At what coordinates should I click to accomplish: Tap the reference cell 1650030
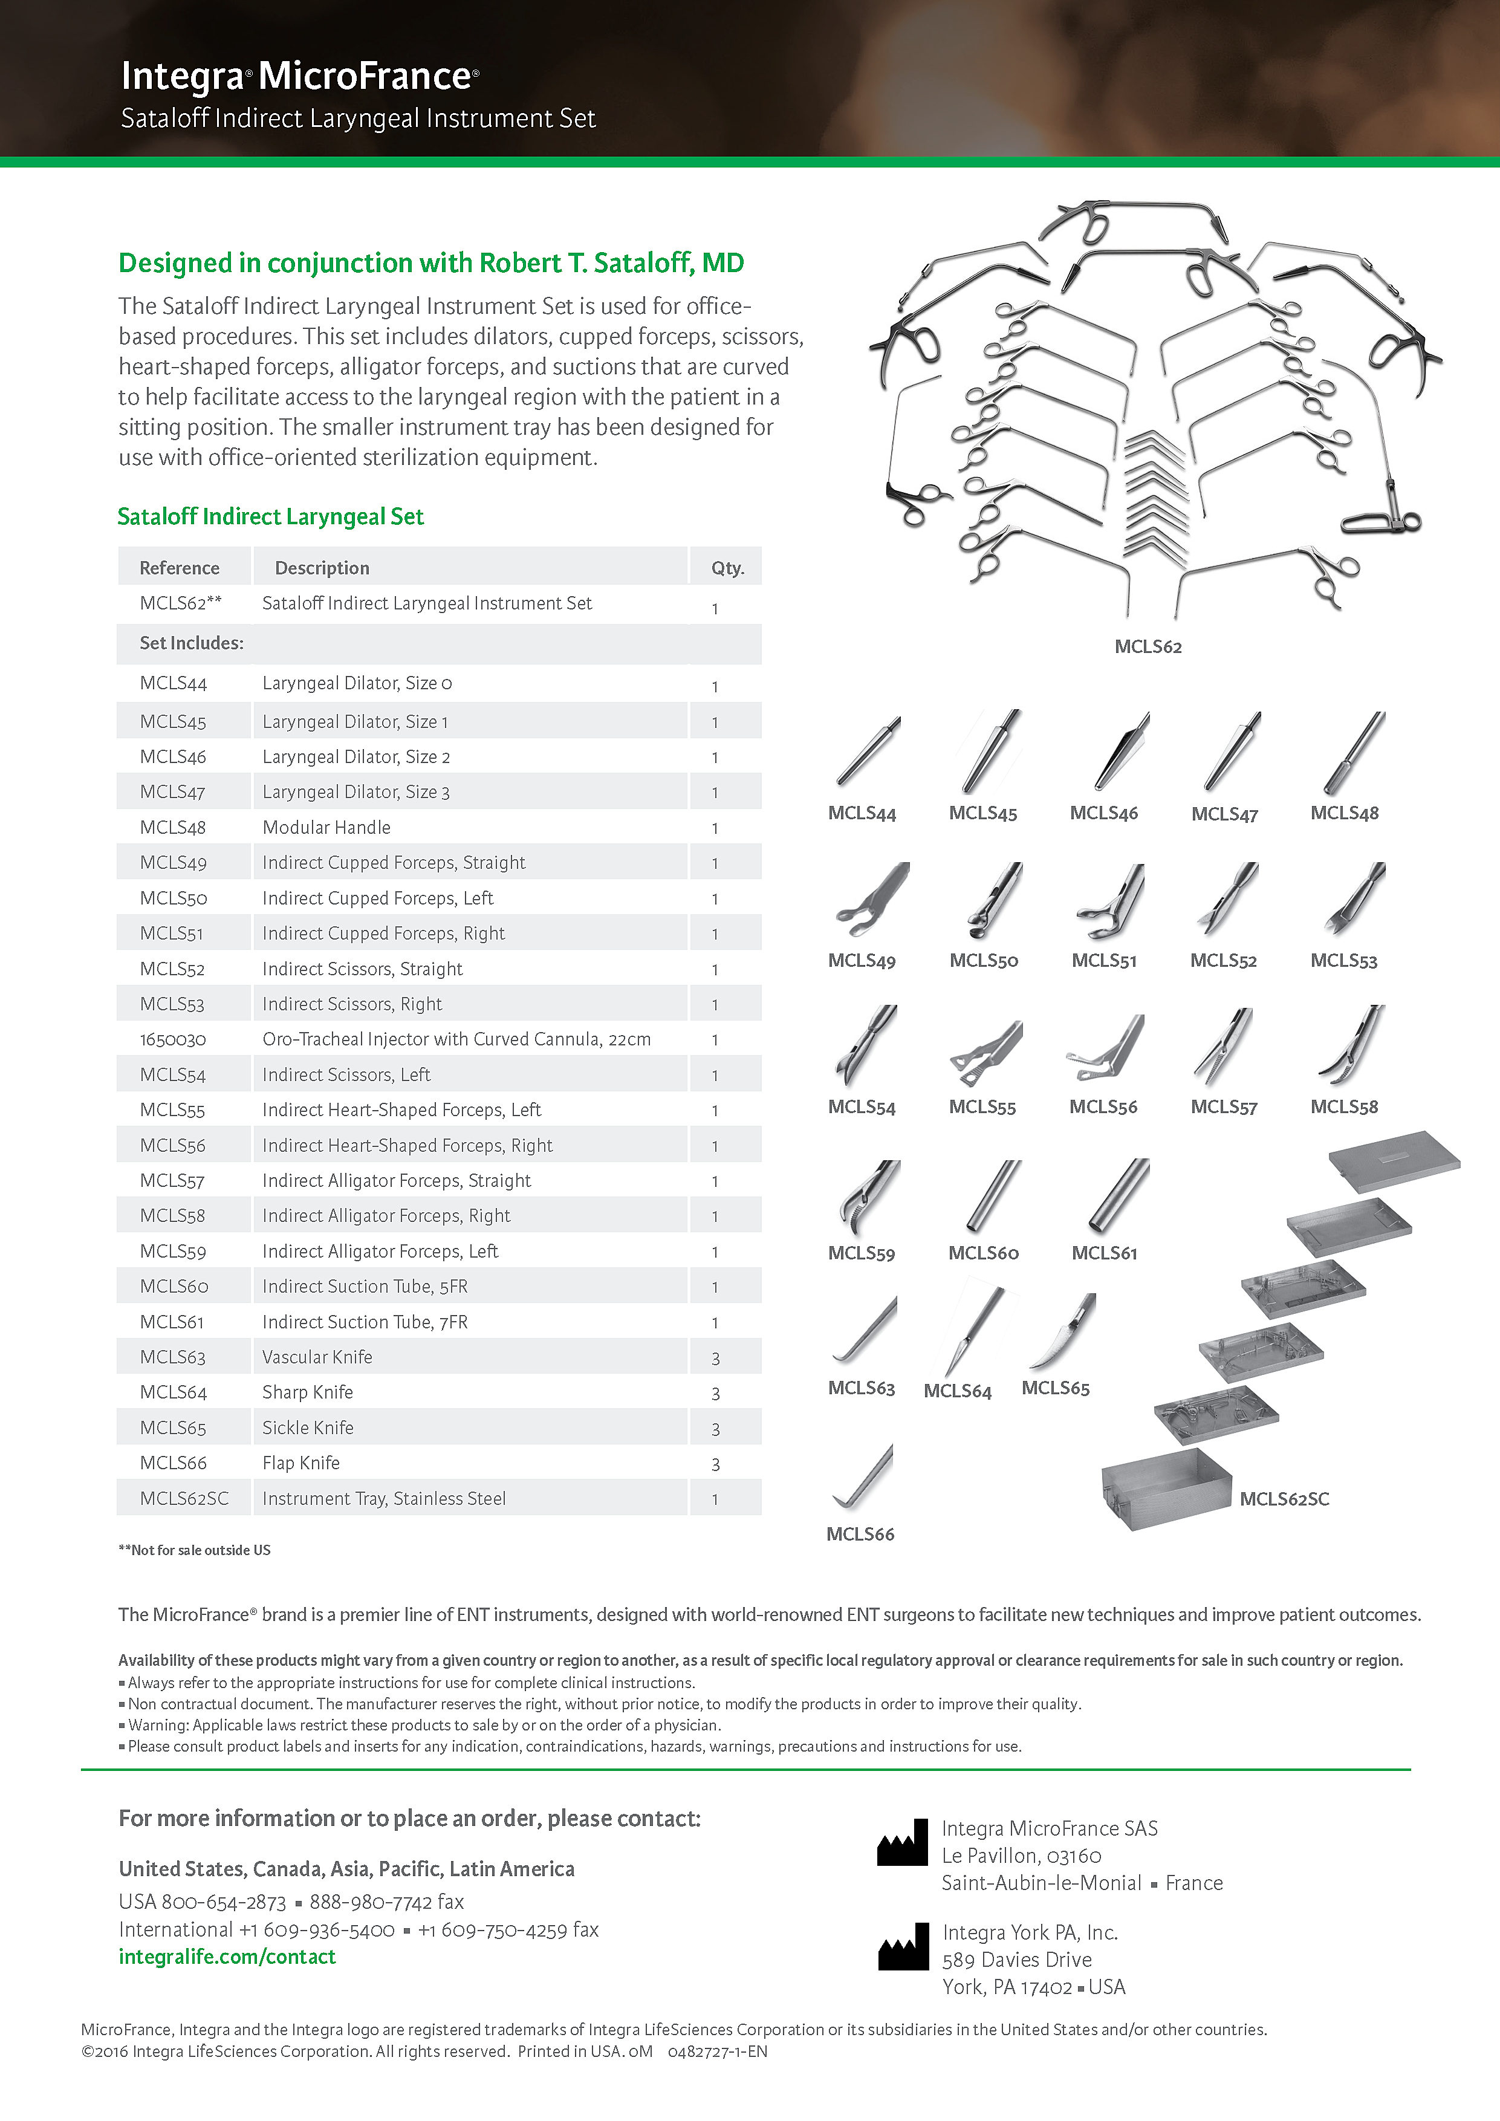pos(173,1039)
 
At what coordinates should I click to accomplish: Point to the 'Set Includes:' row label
pos(191,643)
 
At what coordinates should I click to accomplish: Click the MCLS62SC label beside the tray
pos(1284,1498)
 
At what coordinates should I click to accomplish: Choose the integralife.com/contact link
pos(227,1957)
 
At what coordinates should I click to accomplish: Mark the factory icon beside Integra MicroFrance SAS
pos(903,1843)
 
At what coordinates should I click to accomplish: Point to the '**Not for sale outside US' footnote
pos(194,1550)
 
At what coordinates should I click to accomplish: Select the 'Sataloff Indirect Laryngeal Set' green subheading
pos(271,516)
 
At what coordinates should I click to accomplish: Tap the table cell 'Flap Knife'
pos(301,1463)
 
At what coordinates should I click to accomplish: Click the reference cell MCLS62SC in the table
pos(184,1498)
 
